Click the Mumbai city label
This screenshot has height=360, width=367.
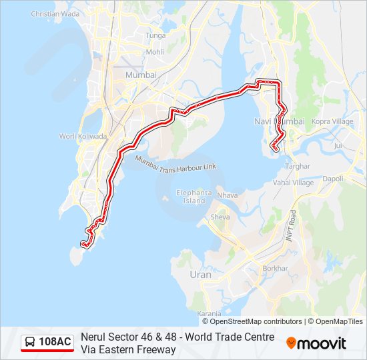pos(141,75)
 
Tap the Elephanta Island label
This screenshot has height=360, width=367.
pos(194,197)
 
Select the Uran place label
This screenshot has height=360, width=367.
pos(200,275)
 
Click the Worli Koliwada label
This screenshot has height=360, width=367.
pos(83,136)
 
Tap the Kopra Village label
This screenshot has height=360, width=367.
pos(332,122)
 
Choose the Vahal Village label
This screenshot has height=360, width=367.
pos(294,183)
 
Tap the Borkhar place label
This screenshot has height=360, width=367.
pos(276,268)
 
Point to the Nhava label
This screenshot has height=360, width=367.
pos(228,195)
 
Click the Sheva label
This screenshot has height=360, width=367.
pos(220,217)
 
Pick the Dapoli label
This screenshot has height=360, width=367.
pos(332,179)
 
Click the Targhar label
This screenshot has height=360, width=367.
pos(298,165)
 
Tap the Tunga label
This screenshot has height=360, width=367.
pos(155,35)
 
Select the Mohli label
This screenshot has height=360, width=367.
pos(155,52)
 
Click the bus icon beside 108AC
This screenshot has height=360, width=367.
pos(30,342)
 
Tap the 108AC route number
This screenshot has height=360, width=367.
pos(55,342)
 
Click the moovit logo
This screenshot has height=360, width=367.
pos(316,343)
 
